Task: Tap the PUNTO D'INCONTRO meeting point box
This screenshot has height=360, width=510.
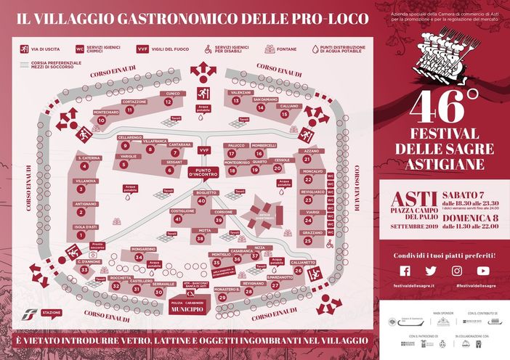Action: tap(204, 172)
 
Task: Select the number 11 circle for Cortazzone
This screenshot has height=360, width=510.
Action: tap(129, 111)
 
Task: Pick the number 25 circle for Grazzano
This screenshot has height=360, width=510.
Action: tap(308, 240)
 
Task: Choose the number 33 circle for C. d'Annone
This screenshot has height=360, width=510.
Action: tap(84, 270)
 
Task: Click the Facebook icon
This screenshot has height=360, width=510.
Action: tap(405, 271)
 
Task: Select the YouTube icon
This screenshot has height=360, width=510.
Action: tap(483, 271)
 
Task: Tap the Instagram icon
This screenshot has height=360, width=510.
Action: tap(457, 271)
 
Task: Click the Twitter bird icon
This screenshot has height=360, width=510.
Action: tap(431, 271)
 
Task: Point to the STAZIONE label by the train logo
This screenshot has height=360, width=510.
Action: tap(52, 313)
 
